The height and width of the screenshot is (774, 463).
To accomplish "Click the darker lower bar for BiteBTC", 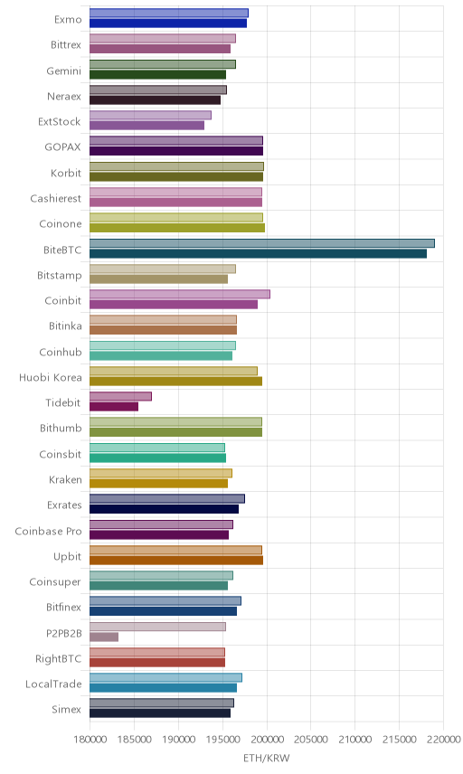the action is click(x=258, y=254).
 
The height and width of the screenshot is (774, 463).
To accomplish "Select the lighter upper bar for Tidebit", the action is click(x=120, y=396).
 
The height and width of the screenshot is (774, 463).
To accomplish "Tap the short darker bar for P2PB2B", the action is click(x=104, y=637).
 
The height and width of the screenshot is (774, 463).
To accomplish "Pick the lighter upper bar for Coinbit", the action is click(x=180, y=294).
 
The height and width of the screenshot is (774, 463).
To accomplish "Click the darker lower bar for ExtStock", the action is click(x=147, y=126).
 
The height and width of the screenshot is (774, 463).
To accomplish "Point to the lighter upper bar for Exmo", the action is click(x=169, y=13).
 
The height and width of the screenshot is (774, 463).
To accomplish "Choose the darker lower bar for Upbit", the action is click(x=176, y=561).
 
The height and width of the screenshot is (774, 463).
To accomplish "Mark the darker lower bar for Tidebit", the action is click(x=114, y=407).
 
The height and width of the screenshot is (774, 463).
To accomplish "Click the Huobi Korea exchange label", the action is click(x=51, y=378).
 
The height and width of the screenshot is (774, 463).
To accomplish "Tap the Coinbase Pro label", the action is click(x=48, y=531).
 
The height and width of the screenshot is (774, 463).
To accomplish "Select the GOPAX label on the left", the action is click(x=62, y=147).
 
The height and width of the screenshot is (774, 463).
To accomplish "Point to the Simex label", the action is click(x=66, y=709).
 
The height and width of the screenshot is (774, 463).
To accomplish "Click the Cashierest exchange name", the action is click(x=56, y=198).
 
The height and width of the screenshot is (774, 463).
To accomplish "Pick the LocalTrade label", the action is click(x=53, y=684).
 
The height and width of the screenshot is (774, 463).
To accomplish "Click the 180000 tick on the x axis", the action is click(x=90, y=739).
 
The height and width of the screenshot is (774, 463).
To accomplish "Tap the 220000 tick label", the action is click(x=443, y=739).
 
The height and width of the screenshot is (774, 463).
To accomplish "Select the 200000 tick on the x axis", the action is click(x=267, y=739).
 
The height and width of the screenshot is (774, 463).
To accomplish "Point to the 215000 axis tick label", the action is click(x=400, y=739).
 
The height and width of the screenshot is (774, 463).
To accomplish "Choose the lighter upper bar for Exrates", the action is click(x=167, y=498).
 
